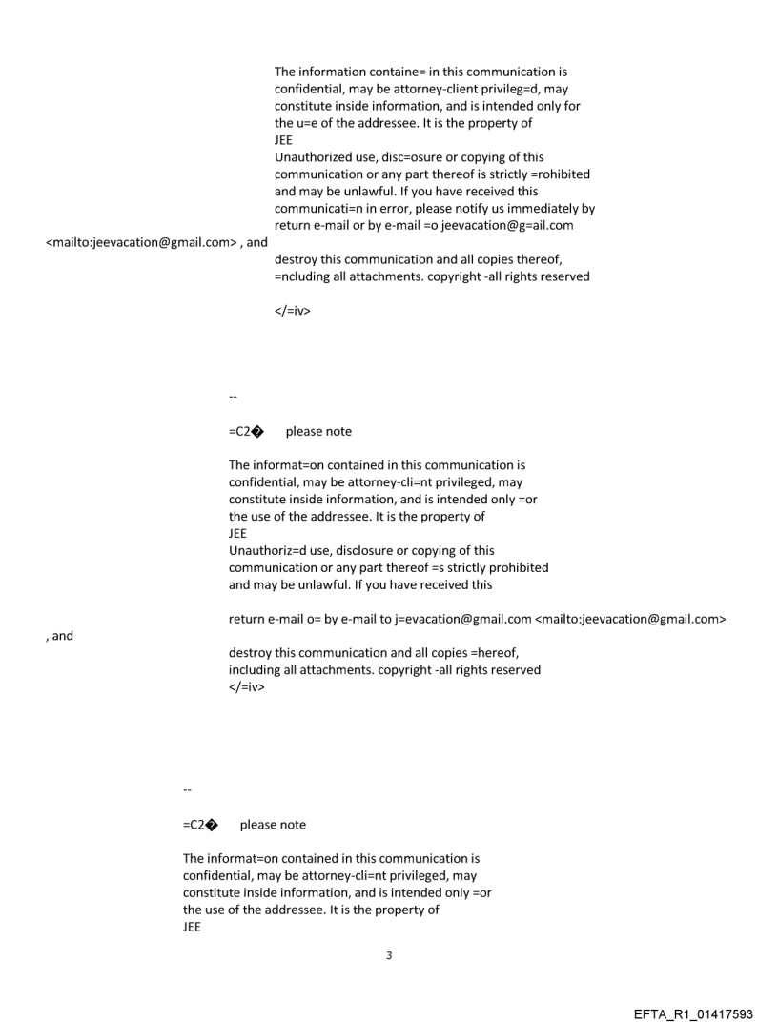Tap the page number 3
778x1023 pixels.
pyautogui.click(x=388, y=954)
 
